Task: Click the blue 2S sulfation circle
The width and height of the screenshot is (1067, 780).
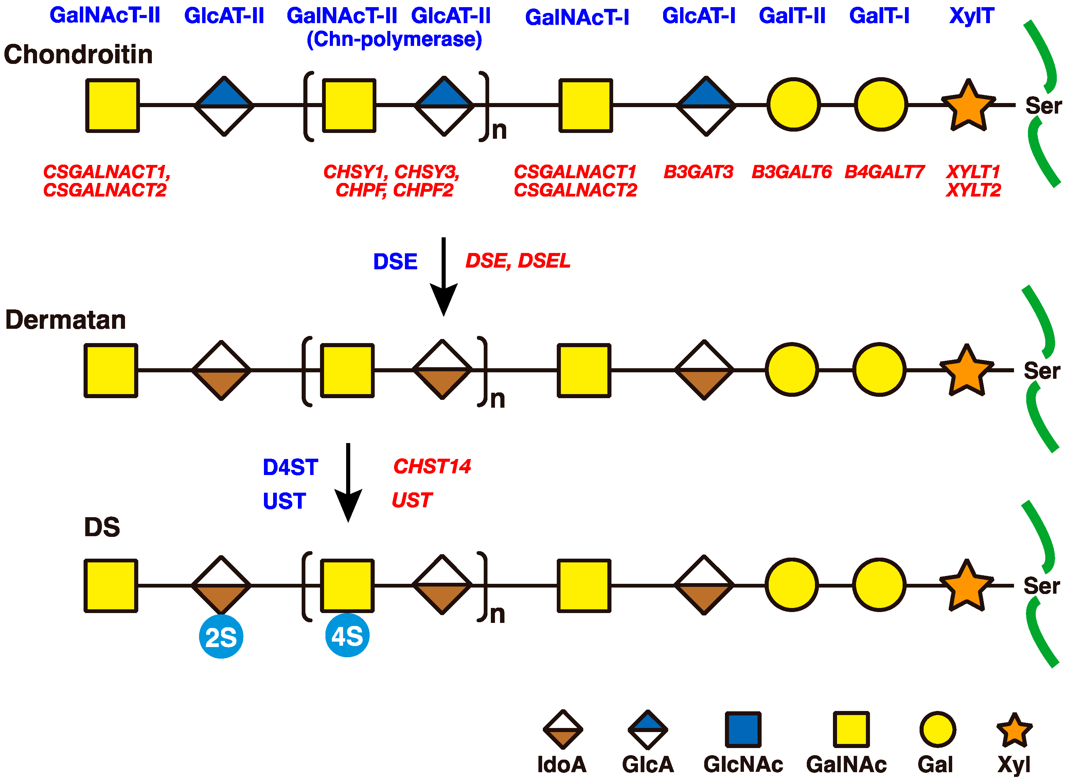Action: [221, 637]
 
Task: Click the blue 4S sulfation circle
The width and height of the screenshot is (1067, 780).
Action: [347, 635]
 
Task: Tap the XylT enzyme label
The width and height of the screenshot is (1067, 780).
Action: [971, 16]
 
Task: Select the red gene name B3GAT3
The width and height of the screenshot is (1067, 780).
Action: [698, 172]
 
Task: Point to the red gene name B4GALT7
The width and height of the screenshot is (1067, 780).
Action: [884, 172]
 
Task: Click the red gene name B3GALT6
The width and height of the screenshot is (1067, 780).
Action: [791, 172]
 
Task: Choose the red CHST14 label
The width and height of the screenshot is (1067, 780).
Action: [432, 467]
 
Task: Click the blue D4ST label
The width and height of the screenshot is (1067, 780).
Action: [290, 468]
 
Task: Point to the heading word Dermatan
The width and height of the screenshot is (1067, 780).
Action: [66, 320]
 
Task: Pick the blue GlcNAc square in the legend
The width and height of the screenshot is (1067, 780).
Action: [743, 729]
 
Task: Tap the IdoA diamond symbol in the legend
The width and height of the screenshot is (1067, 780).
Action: [563, 729]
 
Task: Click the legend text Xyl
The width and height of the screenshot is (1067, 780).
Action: [1013, 764]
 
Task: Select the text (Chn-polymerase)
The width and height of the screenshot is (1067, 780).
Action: [394, 39]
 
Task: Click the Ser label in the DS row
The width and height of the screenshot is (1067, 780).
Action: [1042, 586]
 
